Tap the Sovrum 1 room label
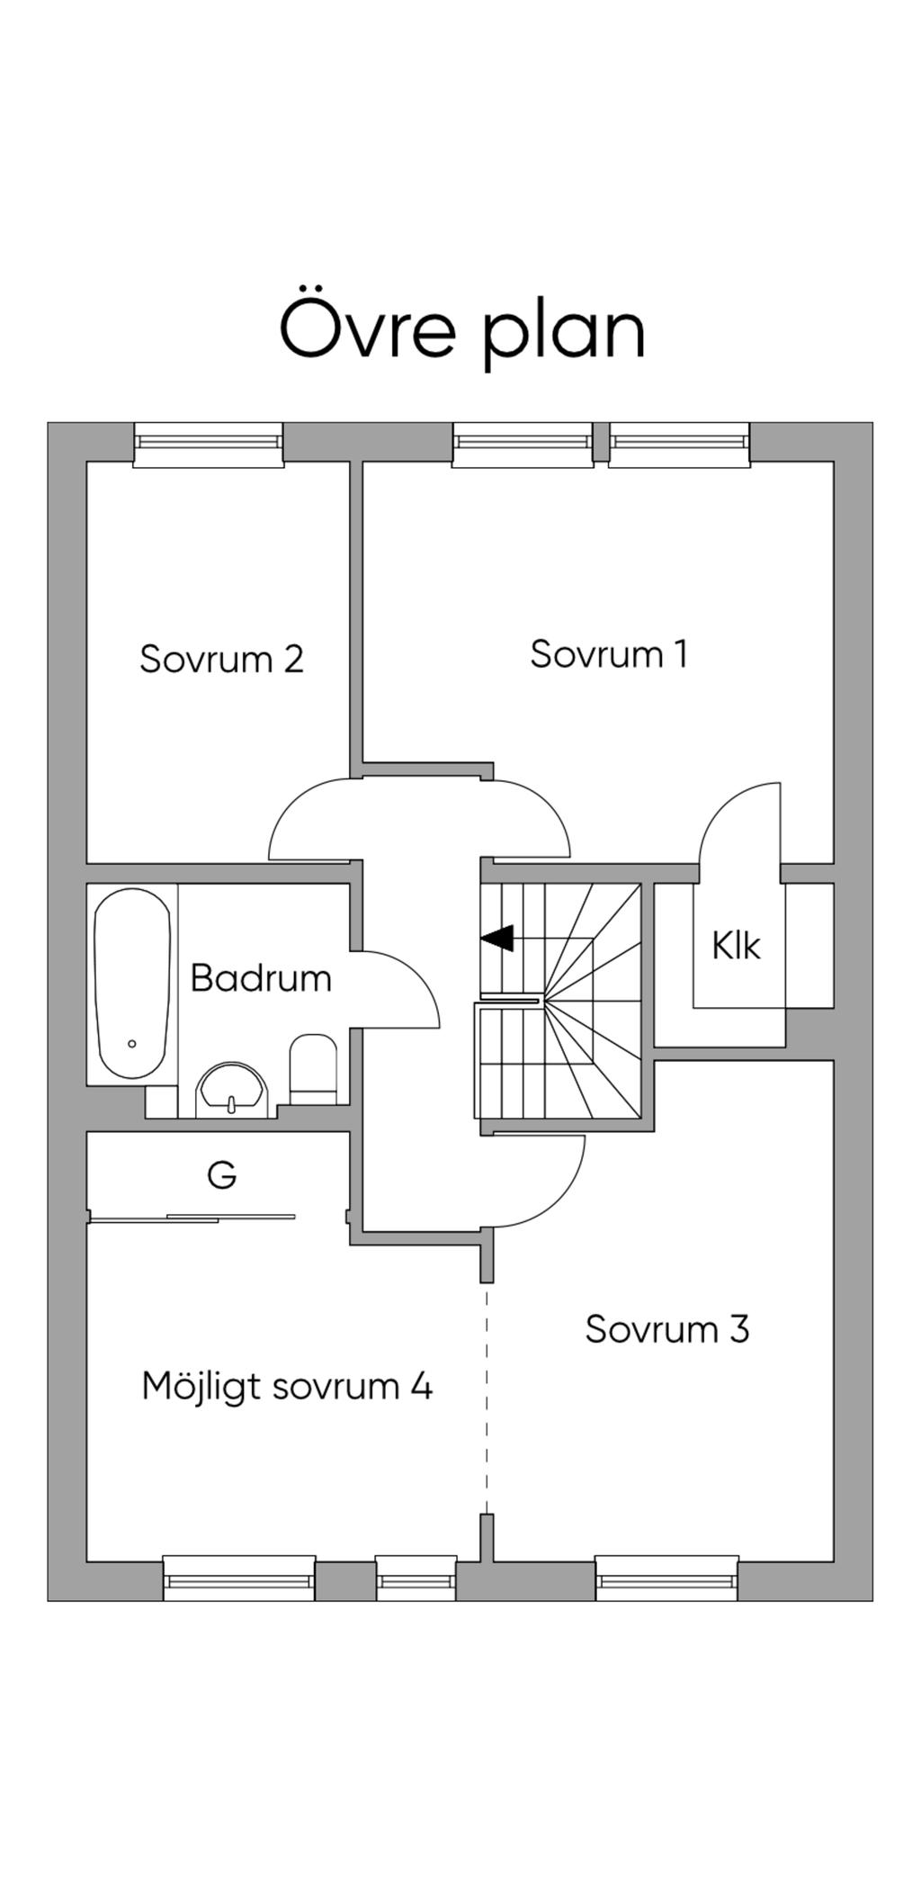(609, 654)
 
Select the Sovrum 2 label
(221, 659)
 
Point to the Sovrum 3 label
(666, 1329)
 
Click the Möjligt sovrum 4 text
(287, 1386)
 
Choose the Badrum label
(261, 978)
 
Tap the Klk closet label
(736, 946)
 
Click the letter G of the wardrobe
(221, 1174)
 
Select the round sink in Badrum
(233, 1091)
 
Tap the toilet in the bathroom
(313, 1068)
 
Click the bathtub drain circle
(132, 1044)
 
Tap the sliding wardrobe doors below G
(192, 1218)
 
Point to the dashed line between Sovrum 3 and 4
(487, 1404)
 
